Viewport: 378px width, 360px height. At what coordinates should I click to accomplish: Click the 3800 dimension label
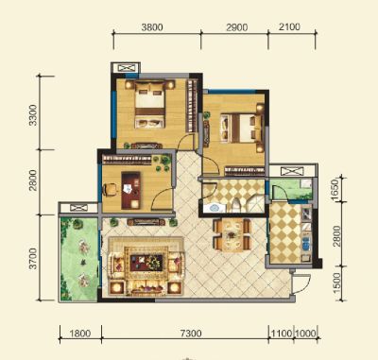(x=152, y=27)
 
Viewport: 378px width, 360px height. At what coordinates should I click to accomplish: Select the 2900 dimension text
(x=237, y=27)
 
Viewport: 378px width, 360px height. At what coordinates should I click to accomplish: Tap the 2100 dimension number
(x=289, y=26)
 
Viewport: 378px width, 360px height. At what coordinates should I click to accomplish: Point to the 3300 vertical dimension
(x=32, y=115)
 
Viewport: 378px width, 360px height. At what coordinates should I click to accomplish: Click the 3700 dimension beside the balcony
(x=32, y=259)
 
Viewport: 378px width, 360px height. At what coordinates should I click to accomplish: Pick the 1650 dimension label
(x=335, y=189)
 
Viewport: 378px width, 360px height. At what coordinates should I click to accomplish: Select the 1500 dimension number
(x=336, y=283)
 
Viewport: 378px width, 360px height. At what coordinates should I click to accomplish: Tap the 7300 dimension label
(x=191, y=334)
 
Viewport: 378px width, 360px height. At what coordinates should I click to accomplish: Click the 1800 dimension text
(x=80, y=334)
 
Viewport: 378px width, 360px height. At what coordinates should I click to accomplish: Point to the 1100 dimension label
(x=282, y=334)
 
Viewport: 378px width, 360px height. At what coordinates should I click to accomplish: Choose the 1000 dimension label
(x=305, y=334)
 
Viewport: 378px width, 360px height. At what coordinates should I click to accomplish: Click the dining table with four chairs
(x=232, y=234)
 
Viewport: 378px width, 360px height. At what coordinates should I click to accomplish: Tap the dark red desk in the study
(x=130, y=190)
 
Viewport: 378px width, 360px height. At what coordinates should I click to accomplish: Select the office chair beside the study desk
(x=110, y=190)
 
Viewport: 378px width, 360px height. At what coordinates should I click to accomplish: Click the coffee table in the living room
(x=146, y=263)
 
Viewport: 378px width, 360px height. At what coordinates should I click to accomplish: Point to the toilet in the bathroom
(x=236, y=205)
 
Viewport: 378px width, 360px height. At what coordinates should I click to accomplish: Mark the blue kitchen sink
(x=306, y=244)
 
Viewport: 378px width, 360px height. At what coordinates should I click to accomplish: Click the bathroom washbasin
(x=215, y=208)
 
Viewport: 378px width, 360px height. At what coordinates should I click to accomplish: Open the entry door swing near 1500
(x=301, y=283)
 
